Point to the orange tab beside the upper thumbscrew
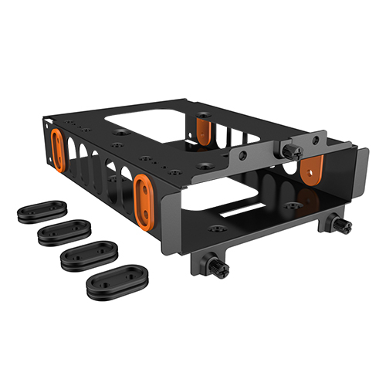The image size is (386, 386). point(313,168)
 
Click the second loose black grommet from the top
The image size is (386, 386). point(65,230)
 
